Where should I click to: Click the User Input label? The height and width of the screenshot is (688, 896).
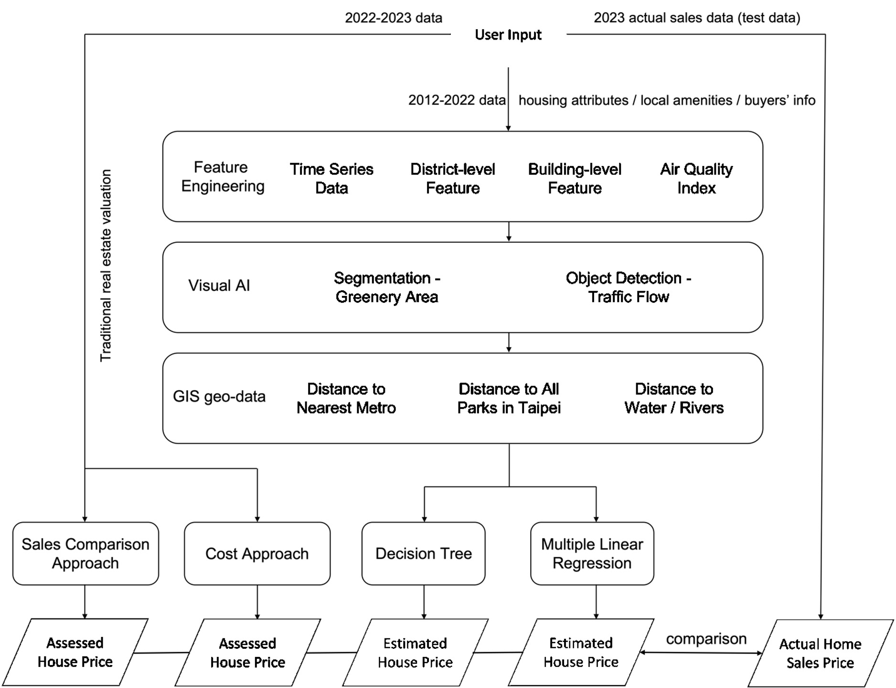click(508, 35)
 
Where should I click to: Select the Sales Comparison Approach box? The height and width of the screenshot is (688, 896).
click(85, 553)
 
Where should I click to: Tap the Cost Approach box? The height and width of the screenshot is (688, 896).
click(257, 553)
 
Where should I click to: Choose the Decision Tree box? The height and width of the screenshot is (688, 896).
click(424, 553)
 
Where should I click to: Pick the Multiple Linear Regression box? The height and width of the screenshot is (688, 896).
click(592, 553)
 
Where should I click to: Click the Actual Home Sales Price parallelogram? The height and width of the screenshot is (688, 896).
click(821, 653)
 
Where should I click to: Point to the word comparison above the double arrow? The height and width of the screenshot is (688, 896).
click(706, 639)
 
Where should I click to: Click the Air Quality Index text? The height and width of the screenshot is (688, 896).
click(696, 178)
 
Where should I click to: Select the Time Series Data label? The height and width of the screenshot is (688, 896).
click(331, 178)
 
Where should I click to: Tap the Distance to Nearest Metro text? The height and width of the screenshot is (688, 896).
click(346, 398)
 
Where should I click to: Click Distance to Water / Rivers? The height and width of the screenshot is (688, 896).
click(674, 398)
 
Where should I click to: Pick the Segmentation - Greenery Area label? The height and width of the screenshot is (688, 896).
click(387, 287)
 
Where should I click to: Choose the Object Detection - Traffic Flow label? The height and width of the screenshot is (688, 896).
click(629, 287)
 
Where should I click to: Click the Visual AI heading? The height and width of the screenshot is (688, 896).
click(219, 285)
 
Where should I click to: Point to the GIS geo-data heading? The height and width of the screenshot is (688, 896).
click(219, 396)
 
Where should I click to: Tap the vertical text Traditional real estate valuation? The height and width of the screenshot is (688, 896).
click(106, 265)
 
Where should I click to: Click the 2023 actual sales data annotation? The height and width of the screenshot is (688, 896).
click(697, 18)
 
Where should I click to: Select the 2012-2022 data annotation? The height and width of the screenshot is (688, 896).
click(457, 100)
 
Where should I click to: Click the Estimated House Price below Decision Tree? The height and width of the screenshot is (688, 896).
click(415, 653)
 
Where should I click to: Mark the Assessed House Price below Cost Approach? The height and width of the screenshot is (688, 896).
click(247, 653)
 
